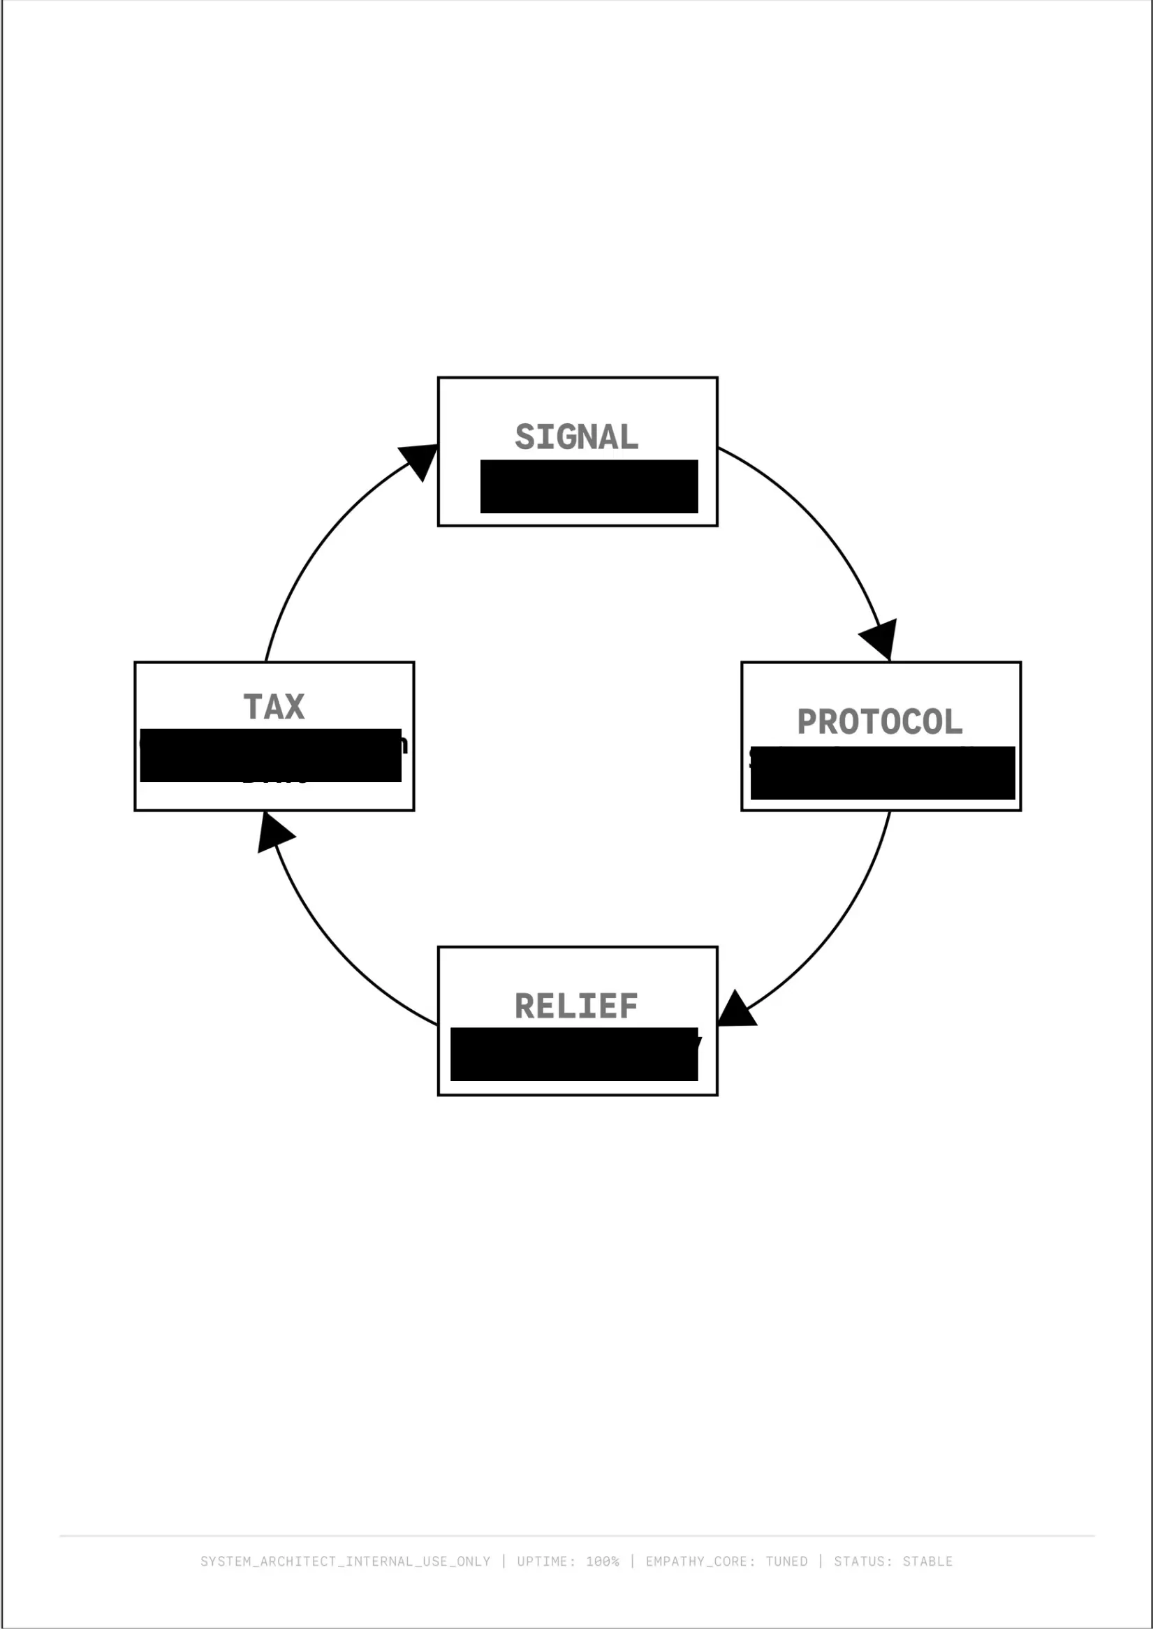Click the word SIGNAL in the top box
pos(577,437)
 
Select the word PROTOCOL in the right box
pos(880,722)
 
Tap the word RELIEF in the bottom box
pos(577,1006)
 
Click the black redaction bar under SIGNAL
pos(589,486)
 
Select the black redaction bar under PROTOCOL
pos(883,772)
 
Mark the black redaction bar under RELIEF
pos(573,1055)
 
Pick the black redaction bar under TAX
pos(270,756)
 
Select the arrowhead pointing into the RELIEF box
pos(735,1011)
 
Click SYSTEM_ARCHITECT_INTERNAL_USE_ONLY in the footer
pos(345,1561)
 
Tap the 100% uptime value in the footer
pos(602,1561)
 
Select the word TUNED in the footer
pos(786,1561)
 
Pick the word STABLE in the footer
pos(927,1561)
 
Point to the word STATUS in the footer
pos(860,1561)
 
